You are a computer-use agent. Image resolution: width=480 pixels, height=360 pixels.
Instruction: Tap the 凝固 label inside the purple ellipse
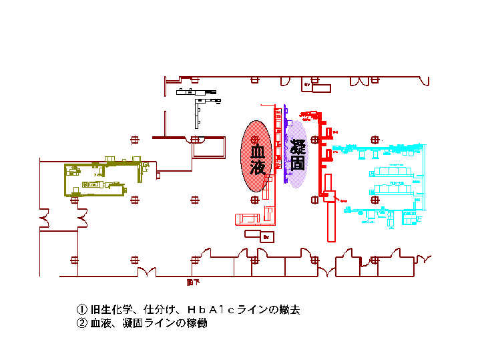pyautogui.click(x=298, y=154)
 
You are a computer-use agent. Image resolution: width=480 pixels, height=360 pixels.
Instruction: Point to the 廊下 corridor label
pyautogui.click(x=193, y=283)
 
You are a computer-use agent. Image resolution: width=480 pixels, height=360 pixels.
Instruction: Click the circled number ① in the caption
pyautogui.click(x=81, y=310)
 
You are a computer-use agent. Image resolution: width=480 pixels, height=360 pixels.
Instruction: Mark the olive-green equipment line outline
pyautogui.click(x=100, y=179)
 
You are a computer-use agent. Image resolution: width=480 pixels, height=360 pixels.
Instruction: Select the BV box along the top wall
pyautogui.click(x=318, y=87)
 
